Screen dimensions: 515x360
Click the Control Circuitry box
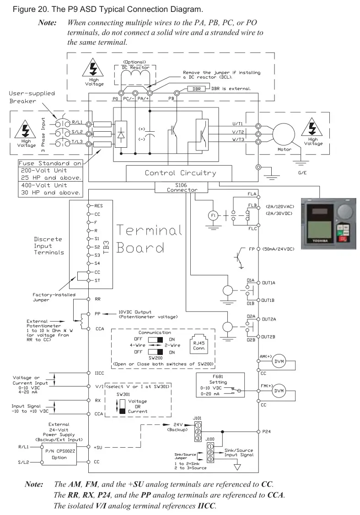(180, 173)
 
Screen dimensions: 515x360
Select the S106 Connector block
(182, 187)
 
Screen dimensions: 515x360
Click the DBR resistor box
(196, 89)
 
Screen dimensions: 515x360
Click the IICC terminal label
(99, 373)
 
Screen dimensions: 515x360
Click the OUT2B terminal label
(269, 337)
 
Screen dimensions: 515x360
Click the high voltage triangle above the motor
(312, 126)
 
